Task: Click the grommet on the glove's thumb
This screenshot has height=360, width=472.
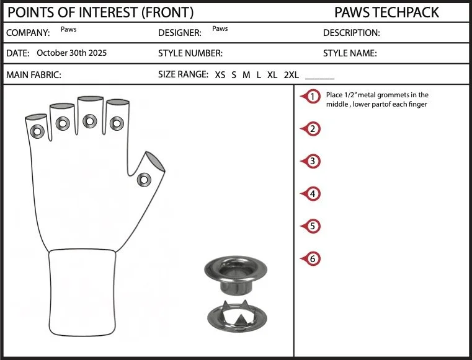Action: click(x=144, y=180)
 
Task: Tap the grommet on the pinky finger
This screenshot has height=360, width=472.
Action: click(x=37, y=131)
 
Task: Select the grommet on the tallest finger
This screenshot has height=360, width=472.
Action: click(x=90, y=121)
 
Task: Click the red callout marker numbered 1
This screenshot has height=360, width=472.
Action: click(x=311, y=96)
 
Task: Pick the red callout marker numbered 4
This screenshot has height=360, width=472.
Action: click(x=311, y=194)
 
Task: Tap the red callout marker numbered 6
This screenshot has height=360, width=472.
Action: click(x=311, y=258)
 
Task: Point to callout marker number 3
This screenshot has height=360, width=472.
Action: click(x=311, y=161)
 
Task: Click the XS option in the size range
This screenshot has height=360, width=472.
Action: click(x=220, y=75)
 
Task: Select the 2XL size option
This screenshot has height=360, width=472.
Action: click(x=291, y=75)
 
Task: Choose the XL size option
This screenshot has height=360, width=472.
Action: click(x=272, y=75)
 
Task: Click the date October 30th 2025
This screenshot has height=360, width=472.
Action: click(x=72, y=53)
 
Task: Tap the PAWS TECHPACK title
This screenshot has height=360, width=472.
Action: click(x=386, y=12)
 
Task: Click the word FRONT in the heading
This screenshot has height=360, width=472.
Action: click(x=167, y=12)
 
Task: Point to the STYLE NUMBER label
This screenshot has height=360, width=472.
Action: click(x=190, y=53)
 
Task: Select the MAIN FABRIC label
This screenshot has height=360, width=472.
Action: click(x=33, y=75)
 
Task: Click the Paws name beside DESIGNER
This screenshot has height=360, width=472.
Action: click(x=220, y=29)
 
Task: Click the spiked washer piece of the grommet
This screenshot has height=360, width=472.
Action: click(x=237, y=316)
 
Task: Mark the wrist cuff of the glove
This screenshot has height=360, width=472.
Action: click(x=82, y=292)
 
